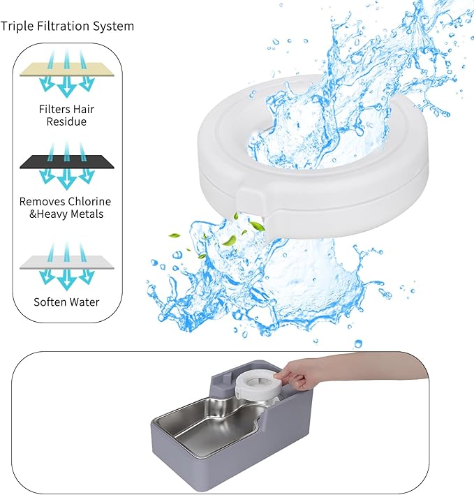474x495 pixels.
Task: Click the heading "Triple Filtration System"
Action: [68, 27]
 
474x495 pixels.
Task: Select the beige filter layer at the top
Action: [66, 70]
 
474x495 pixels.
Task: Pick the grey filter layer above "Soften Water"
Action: [66, 262]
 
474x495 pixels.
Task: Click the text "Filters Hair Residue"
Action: [66, 115]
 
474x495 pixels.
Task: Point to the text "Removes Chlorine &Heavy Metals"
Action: [66, 207]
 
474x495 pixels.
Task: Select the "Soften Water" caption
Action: [66, 302]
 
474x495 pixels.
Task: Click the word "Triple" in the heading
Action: [16, 27]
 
